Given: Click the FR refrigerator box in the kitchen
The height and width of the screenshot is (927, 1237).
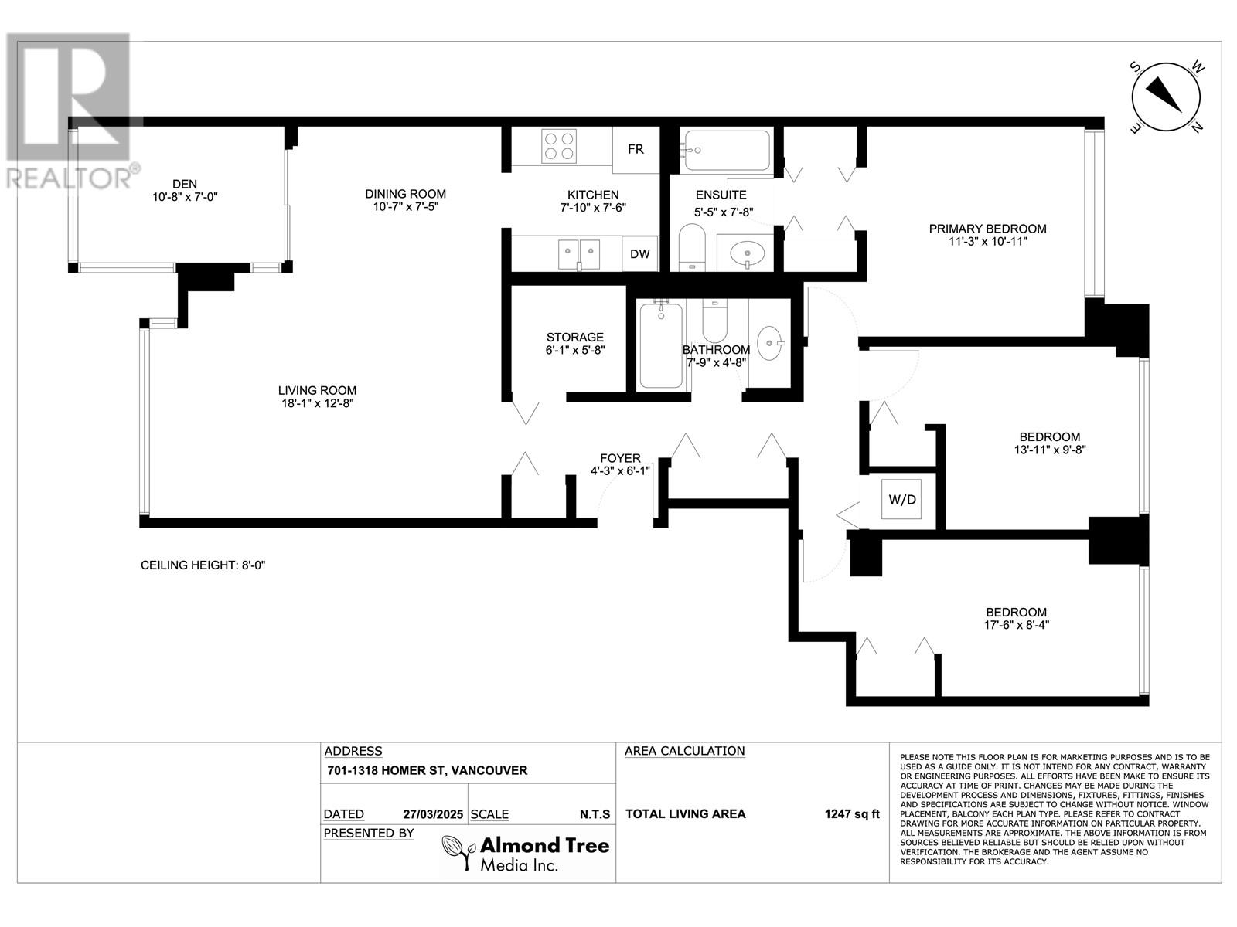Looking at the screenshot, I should point(636,149).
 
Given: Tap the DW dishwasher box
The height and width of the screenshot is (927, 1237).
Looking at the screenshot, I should point(639,254).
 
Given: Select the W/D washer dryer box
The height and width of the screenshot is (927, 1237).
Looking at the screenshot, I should point(901,500).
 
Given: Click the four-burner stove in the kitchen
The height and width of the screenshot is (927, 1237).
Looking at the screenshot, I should point(559,146).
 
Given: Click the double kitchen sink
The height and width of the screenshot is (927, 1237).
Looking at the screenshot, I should point(579,253).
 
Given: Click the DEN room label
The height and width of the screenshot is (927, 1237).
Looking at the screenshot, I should point(185,184).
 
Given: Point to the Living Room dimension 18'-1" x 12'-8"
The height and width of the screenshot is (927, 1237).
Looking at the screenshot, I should point(318,403).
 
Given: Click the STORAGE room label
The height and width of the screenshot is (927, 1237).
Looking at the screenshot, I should point(574,338).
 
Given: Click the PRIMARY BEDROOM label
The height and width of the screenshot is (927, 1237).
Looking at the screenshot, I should point(987,229).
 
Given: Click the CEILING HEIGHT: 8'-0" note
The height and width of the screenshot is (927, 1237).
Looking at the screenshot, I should point(203,565).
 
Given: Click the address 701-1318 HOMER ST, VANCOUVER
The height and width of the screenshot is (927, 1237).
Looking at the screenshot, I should point(426,770).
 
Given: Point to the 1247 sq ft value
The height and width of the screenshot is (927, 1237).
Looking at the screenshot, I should point(852,813).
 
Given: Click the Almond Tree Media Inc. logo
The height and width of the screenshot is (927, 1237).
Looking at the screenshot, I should point(526,853).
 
